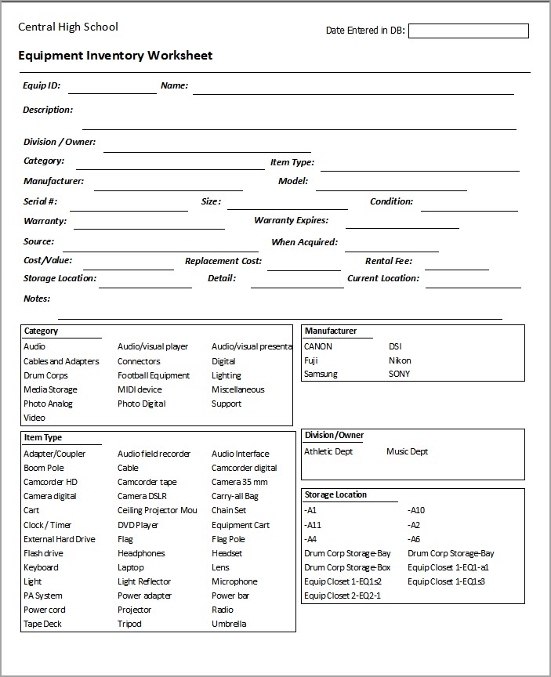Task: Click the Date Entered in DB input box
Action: (468, 31)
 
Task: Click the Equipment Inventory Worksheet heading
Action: (115, 56)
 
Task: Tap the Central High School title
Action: (68, 27)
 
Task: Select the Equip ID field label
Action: (42, 85)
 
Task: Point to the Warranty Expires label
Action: (291, 221)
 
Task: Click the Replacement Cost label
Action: (223, 262)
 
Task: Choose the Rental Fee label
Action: (389, 262)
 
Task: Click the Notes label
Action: (37, 299)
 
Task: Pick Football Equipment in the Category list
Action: (154, 375)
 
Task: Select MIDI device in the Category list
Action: (140, 389)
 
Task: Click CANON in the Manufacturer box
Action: (318, 346)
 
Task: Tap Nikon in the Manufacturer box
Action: (400, 360)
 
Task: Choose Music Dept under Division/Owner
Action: (407, 451)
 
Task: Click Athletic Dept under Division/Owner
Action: (328, 451)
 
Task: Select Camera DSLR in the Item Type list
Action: (142, 496)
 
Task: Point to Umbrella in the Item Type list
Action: (229, 624)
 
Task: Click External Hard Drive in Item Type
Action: (60, 539)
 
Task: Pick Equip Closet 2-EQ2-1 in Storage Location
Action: (343, 596)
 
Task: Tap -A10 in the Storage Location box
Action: (416, 510)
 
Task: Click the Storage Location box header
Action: (335, 495)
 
